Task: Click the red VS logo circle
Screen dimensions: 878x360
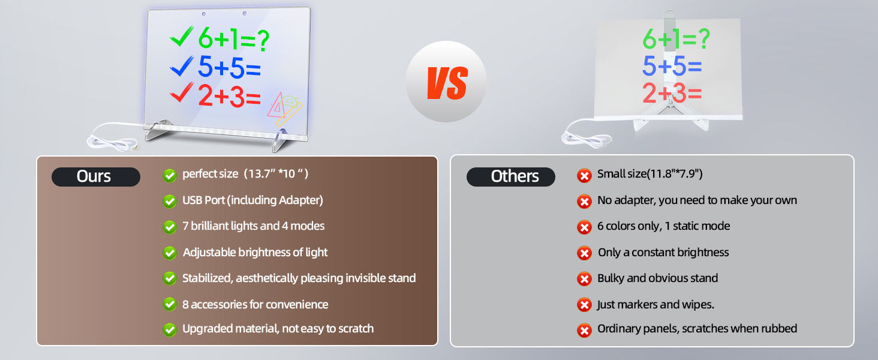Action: point(446,81)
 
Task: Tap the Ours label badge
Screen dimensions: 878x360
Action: point(95,176)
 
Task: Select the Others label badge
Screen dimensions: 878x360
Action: point(511,176)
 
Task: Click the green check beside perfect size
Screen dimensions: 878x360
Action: point(170,175)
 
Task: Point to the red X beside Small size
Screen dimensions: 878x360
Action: point(584,175)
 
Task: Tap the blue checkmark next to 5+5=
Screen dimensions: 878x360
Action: point(182,66)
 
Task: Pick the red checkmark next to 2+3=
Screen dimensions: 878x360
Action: point(182,92)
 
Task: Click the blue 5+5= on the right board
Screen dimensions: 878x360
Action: point(672,66)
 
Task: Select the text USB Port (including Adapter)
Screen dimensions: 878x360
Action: point(253,200)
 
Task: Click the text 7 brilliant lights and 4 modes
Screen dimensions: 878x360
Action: point(253,226)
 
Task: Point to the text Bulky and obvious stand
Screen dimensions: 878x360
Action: point(657,278)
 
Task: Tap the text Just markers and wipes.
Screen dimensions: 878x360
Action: point(656,304)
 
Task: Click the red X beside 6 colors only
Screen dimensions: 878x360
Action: point(584,227)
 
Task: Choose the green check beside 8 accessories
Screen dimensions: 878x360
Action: point(170,304)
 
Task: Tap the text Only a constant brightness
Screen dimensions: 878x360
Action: point(663,252)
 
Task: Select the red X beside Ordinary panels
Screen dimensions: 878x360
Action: point(584,330)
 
